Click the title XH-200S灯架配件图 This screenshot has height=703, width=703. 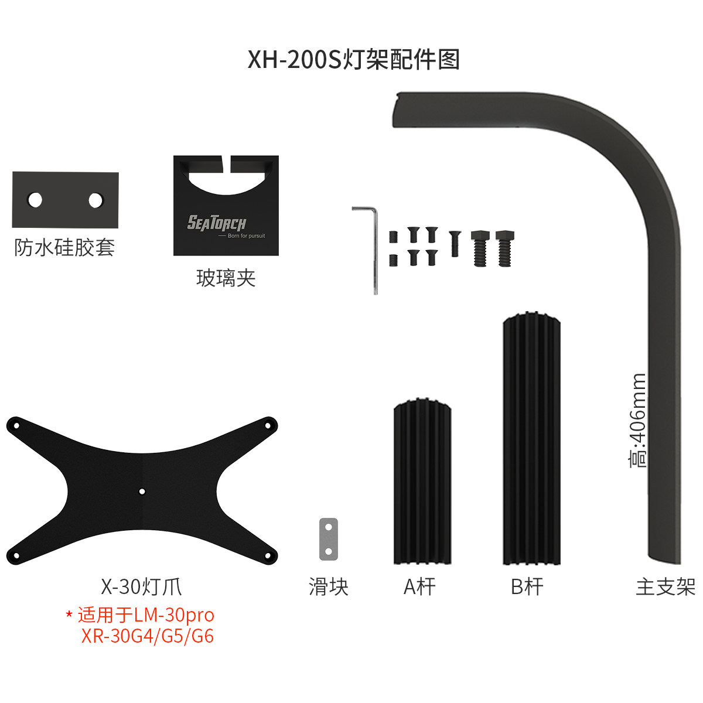pos(353,60)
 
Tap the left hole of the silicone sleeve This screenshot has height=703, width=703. pos(35,200)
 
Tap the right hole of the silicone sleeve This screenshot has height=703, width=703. pos(95,200)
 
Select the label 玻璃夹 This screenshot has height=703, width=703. pos(226,279)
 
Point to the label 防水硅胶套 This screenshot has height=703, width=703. pos(64,248)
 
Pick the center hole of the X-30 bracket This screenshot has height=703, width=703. pos(142,492)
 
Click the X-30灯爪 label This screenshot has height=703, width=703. pos(141,587)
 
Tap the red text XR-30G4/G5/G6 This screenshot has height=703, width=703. pos(148,636)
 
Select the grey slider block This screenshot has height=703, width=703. pos(328,539)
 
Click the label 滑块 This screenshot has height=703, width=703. pos(328,587)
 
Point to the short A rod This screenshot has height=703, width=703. pos(422,481)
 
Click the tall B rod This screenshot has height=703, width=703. pos(531,438)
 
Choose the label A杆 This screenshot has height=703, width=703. pos(419,587)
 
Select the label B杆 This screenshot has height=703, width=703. pos(527,587)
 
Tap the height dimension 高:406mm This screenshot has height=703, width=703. pos(637,420)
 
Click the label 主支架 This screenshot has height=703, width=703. pos(666,587)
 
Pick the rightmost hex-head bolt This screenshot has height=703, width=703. pos(505,248)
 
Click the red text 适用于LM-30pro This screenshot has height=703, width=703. pos(146,615)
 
